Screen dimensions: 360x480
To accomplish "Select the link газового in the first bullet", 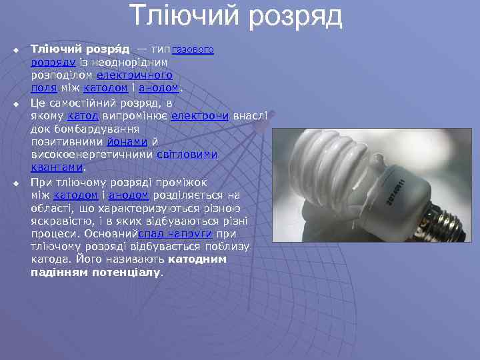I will tap(193, 50).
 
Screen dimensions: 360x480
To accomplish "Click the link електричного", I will tap(135, 75).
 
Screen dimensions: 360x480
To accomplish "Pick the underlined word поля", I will tap(43, 88).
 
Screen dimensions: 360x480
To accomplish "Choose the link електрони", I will tap(200, 116).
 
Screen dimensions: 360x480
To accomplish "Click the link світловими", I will tap(187, 155).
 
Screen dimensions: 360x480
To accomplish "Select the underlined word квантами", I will tap(57, 167).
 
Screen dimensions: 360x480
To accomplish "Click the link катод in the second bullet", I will tap(83, 116).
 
